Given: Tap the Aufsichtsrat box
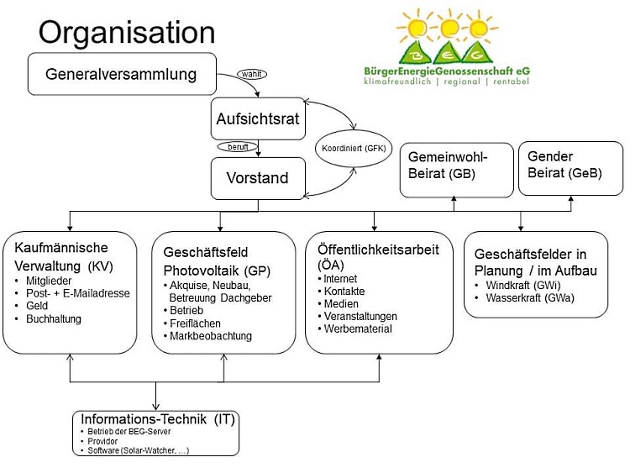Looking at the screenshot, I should coord(257,118).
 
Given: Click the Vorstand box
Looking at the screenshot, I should coord(257,178).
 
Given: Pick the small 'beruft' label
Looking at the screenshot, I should coord(238,146).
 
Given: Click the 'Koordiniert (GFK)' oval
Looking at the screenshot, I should coord(350,148).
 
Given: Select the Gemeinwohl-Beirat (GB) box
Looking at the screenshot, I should coord(454,166).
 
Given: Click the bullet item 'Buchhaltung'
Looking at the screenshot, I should coord(54,320).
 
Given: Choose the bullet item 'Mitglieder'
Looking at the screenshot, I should coord(50,280).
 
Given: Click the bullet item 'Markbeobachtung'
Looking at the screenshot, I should coord(210,336).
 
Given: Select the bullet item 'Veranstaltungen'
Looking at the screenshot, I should coord(362,316).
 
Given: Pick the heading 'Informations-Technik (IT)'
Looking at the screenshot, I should coord(155,418).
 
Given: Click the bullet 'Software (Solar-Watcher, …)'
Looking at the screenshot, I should coord(139,450).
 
